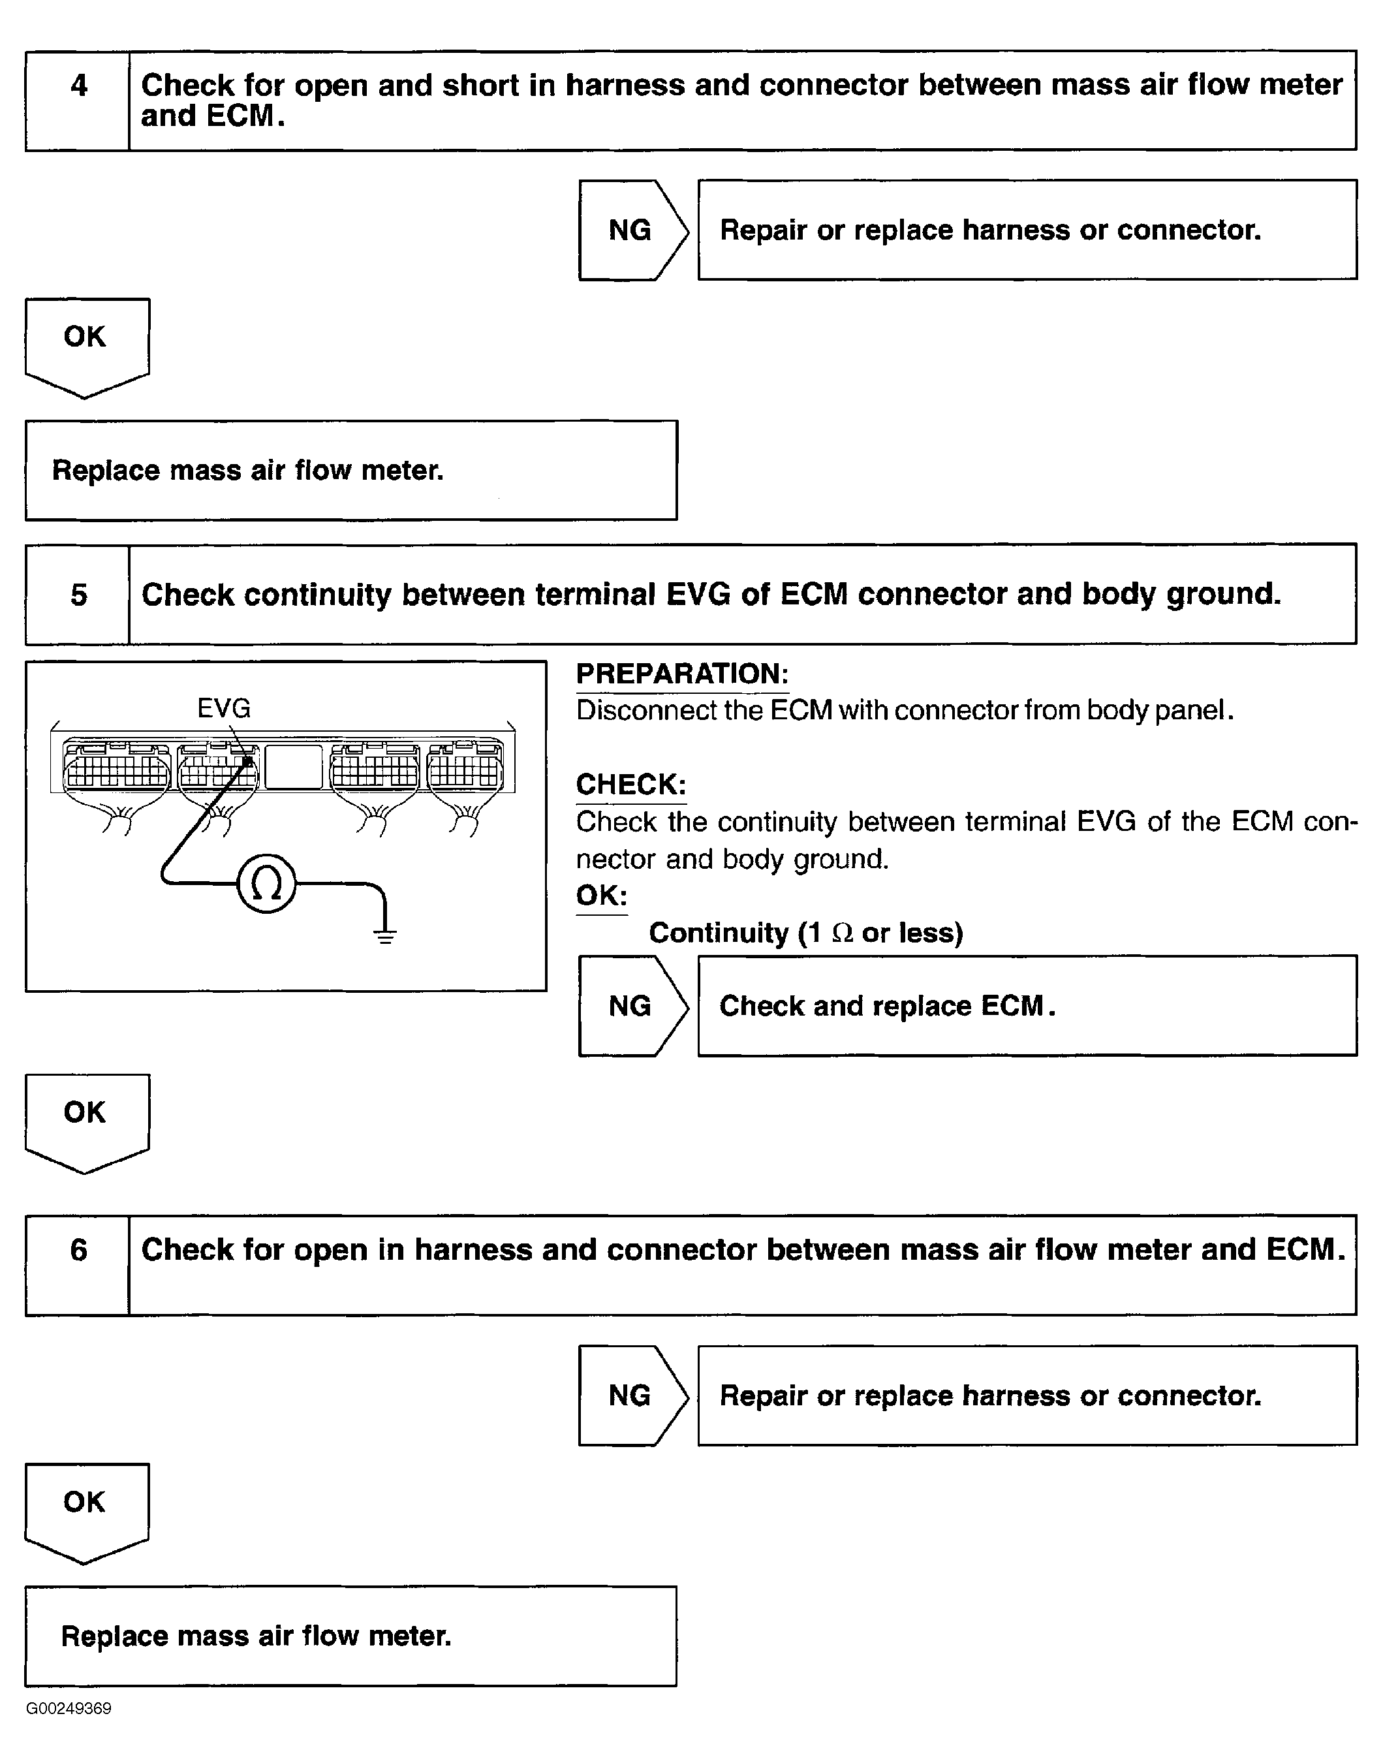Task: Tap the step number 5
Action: point(78,595)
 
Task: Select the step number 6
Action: point(78,1249)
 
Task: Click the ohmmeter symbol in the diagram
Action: point(266,884)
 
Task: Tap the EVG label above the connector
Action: point(225,709)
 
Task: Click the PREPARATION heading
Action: point(682,674)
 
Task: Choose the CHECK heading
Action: point(630,785)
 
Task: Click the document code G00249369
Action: point(69,1709)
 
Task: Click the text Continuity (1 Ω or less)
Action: point(805,933)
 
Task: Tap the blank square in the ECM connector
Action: point(294,767)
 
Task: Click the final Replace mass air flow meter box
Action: point(350,1636)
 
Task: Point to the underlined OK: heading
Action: point(602,896)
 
